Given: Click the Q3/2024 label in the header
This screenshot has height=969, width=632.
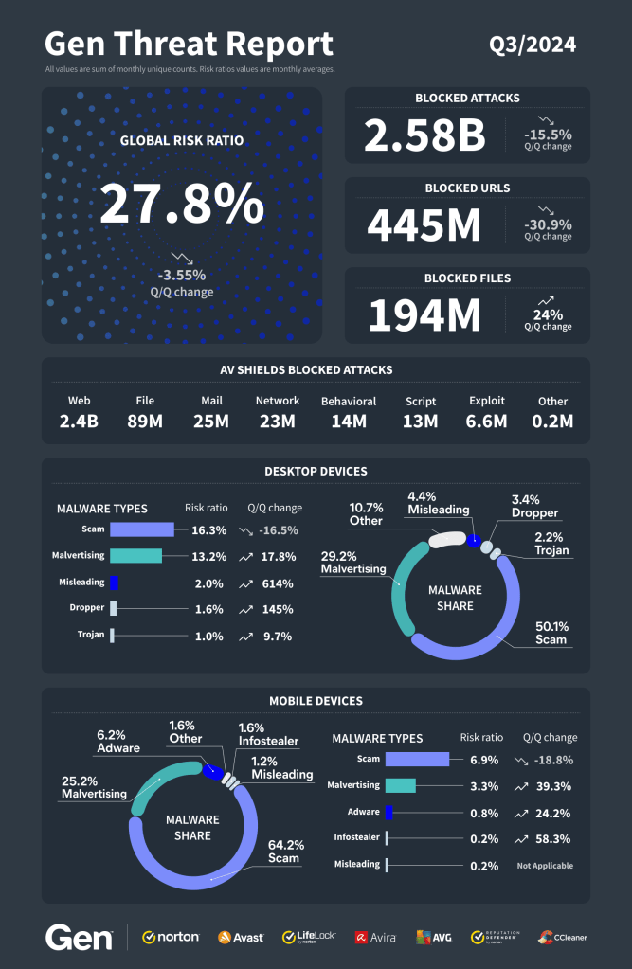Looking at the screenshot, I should click(x=533, y=45).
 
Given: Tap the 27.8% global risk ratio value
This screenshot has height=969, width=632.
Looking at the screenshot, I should click(x=182, y=203).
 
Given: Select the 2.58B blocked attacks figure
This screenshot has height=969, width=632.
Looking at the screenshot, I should click(x=425, y=135).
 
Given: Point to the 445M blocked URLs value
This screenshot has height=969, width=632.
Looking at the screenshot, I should click(x=424, y=225).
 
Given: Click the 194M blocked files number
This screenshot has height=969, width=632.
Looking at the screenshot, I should click(x=424, y=315).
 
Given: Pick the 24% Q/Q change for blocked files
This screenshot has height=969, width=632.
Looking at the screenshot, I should click(x=548, y=314).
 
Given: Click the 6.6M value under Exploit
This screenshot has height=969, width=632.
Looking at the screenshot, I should click(x=487, y=421).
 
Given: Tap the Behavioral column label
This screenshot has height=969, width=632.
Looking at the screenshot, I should click(x=348, y=401).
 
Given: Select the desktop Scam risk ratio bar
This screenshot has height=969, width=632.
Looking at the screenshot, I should click(x=141, y=530).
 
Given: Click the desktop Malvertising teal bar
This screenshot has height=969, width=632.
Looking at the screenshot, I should click(x=135, y=556).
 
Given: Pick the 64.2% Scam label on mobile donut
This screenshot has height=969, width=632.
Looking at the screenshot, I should click(x=283, y=851).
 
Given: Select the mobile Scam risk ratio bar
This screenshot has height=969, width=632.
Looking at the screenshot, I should click(x=416, y=759).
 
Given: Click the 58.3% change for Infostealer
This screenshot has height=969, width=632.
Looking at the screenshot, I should click(x=553, y=838).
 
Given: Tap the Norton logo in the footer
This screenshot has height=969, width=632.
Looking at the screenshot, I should click(x=171, y=937).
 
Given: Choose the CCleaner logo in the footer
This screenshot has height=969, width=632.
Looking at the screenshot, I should click(x=563, y=937).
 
